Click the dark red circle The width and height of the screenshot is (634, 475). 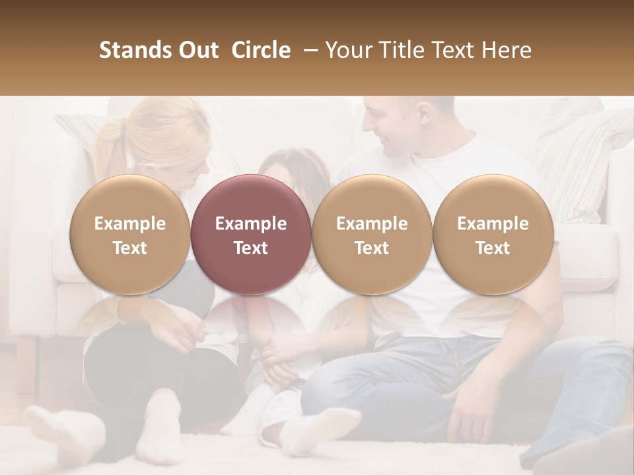(251, 234)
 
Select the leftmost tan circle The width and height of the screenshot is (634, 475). (130, 234)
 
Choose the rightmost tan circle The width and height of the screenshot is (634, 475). (493, 234)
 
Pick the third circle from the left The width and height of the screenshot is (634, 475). (372, 234)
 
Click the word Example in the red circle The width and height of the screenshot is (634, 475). (251, 224)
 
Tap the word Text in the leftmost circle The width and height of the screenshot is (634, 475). (130, 248)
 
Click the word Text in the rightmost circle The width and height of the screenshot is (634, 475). (493, 248)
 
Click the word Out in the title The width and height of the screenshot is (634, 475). (197, 50)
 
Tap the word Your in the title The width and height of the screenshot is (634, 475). (347, 50)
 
